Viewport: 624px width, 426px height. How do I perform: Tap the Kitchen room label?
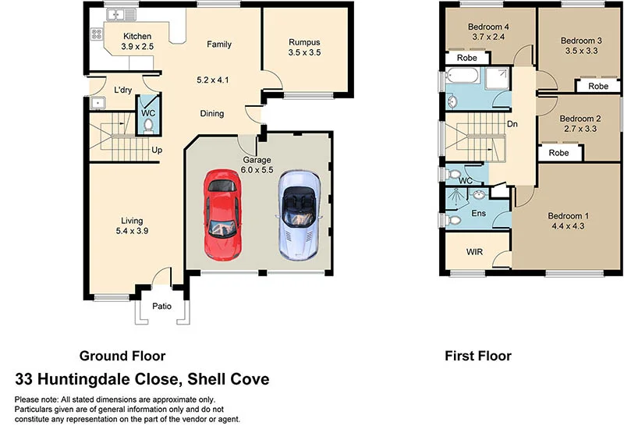point(136,36)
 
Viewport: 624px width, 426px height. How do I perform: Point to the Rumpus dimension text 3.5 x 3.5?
point(304,53)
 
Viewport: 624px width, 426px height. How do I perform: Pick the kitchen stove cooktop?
point(97,34)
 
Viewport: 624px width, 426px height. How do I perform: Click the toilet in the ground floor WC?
point(149,122)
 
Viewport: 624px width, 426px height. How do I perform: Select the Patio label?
point(161,306)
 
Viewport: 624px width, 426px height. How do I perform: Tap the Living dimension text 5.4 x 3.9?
point(131,231)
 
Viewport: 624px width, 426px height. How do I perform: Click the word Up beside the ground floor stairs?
point(157,149)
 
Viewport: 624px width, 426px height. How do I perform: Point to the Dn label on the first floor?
point(512,123)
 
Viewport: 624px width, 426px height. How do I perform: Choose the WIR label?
point(474,253)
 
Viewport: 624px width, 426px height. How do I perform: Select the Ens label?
point(479,212)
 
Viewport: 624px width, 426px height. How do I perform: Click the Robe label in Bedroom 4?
point(466,58)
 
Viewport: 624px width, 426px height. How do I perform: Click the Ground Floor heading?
point(122,356)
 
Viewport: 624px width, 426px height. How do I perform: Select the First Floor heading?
point(478,356)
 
